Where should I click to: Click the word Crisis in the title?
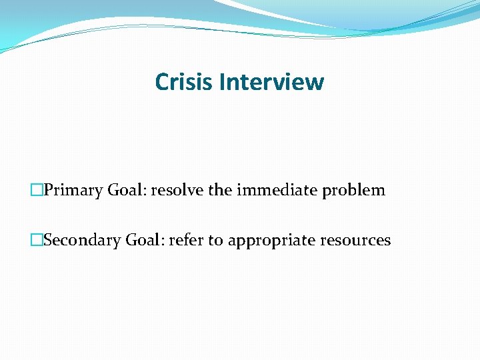[184, 82]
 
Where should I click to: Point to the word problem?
[353, 191]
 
